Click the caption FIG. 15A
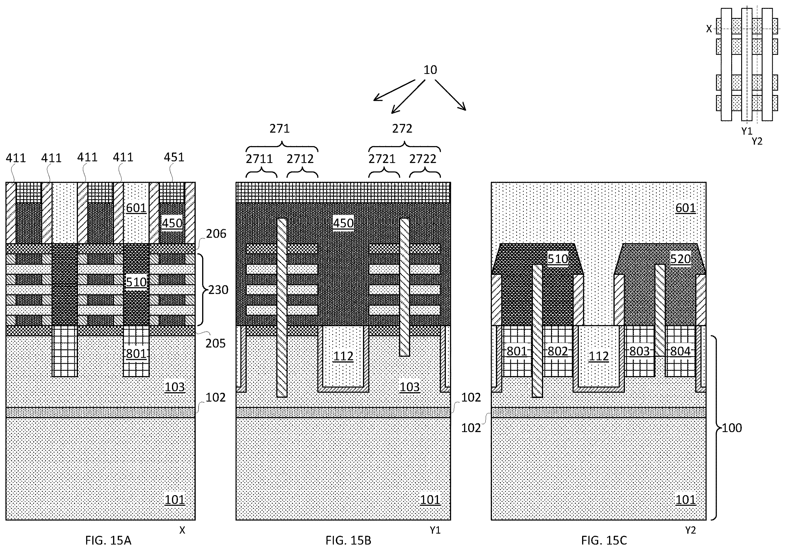point(108,540)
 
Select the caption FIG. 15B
point(348,540)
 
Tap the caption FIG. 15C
point(604,540)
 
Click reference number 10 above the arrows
point(430,70)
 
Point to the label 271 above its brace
point(280,128)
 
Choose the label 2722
point(423,159)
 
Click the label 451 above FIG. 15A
point(174,157)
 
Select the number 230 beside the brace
point(219,290)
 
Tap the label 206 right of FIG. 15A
point(216,234)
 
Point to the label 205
point(216,343)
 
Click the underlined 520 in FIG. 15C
point(680,259)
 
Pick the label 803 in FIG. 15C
point(640,351)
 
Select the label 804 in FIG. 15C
point(680,351)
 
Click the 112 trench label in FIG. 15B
point(343,356)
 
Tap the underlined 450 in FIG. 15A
point(172,224)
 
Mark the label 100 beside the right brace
point(732,428)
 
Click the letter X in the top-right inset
point(709,29)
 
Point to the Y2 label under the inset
point(757,141)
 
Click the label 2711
point(259,159)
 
